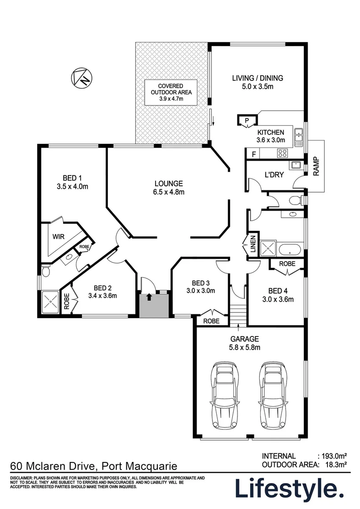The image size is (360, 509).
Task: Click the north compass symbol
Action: tap(82, 77)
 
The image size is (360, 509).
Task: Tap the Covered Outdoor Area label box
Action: tap(171, 92)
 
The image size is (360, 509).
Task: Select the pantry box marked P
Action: tap(246, 121)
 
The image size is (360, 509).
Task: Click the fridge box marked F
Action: tap(254, 154)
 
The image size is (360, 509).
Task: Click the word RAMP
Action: tap(316, 166)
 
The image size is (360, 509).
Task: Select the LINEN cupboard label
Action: tap(253, 244)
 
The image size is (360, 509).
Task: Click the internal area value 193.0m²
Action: tap(334, 456)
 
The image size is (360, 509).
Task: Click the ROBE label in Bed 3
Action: tap(211, 321)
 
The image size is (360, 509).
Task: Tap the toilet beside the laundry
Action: tap(295, 200)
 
